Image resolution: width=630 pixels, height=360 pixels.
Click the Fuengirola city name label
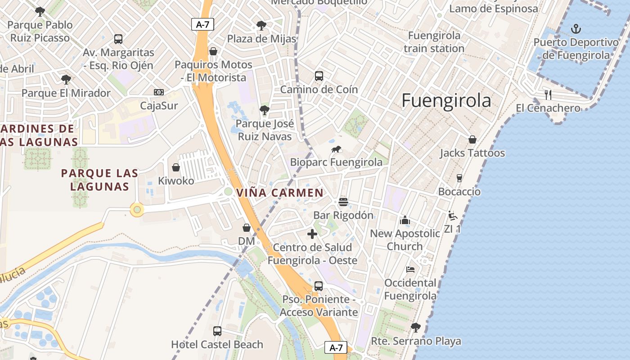(446, 100)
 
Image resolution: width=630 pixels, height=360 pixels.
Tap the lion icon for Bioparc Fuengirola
(337, 149)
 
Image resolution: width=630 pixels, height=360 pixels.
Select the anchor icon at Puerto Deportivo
(576, 30)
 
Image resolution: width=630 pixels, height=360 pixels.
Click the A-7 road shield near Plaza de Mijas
(202, 24)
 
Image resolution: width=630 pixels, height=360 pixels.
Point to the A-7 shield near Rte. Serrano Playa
(336, 347)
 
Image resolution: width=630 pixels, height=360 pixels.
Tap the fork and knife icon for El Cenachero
(548, 95)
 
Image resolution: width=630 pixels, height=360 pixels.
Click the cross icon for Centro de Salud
(312, 234)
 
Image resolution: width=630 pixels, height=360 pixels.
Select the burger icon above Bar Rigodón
(343, 202)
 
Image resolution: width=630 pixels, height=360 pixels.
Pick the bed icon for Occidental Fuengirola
(410, 270)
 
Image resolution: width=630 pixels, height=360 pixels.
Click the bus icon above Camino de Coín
(319, 76)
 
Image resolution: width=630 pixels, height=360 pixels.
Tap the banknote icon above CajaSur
(159, 92)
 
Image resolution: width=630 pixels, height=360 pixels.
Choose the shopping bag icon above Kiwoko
(176, 167)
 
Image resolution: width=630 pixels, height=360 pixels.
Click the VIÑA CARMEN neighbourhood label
(280, 193)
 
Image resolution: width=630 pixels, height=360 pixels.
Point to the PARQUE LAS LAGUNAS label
(99, 180)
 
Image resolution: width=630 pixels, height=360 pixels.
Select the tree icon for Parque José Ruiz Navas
(265, 110)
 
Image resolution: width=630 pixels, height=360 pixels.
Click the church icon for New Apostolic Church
(405, 220)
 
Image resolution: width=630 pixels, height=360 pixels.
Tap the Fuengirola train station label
(434, 42)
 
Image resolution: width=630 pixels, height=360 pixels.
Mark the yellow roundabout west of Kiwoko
(137, 210)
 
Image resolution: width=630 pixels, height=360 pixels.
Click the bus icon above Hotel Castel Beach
(217, 331)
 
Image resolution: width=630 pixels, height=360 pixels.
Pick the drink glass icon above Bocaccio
(459, 178)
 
